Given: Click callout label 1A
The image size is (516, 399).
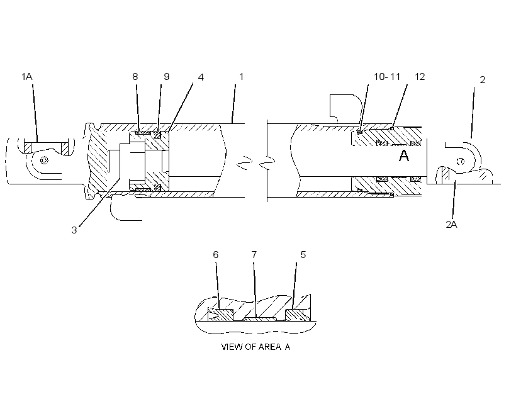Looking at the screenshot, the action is click(27, 77).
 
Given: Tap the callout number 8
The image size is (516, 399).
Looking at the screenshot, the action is click(135, 77).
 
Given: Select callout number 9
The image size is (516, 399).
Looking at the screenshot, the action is click(167, 77).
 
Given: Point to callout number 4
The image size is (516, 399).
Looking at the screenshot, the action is click(201, 77).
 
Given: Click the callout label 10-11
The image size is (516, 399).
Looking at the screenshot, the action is click(387, 77).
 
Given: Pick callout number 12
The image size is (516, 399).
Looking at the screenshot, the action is click(420, 77).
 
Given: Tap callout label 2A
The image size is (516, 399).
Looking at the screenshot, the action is click(452, 225).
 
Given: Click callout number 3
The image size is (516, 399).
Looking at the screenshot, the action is click(74, 230).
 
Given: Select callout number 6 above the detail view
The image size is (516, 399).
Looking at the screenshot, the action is click(216, 255).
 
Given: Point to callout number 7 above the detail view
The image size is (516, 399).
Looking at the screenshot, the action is click(254, 255).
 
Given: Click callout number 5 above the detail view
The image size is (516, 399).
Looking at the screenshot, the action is click(303, 255).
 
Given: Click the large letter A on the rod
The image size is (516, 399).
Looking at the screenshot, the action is click(404, 155).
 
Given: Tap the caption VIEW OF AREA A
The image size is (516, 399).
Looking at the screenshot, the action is click(255, 347).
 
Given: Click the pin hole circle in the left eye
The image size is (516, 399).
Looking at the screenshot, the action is click(44, 160).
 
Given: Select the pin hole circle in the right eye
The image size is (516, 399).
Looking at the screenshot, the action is click(461, 161).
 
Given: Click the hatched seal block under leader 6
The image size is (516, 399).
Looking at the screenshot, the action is click(220, 315).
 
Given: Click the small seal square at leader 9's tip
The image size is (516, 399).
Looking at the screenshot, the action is click(157, 135).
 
